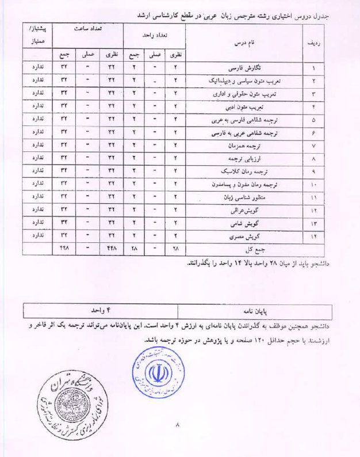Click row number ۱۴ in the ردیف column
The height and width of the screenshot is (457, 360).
click(314, 237)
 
